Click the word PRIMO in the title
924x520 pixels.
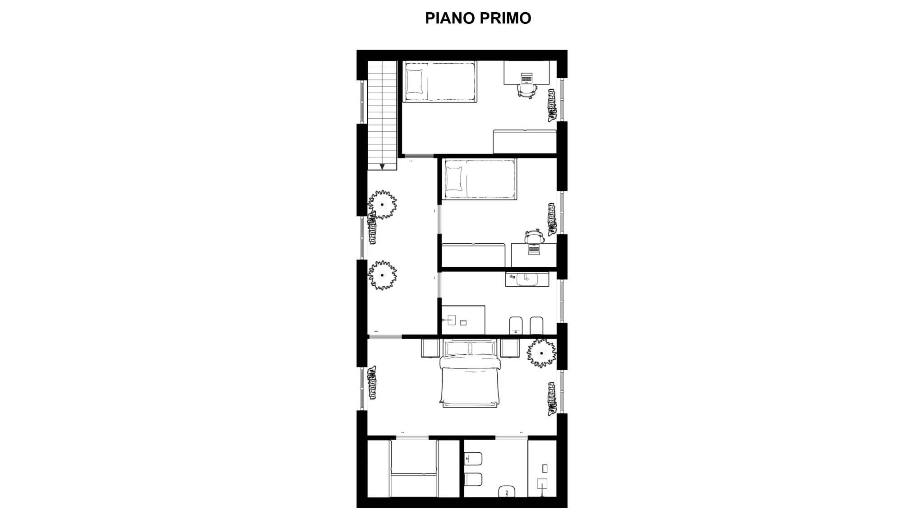(505, 18)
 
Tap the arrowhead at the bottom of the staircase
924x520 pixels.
(382, 167)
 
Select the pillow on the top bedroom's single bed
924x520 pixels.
(415, 81)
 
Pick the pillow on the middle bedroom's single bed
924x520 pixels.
(454, 179)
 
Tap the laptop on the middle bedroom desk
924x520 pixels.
(534, 248)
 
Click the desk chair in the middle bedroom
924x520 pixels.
(533, 236)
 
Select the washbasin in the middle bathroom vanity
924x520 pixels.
(527, 279)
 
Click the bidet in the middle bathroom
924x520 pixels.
(516, 325)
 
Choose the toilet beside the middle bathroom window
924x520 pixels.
(537, 325)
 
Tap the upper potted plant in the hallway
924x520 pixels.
(383, 204)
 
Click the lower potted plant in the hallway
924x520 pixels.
(383, 275)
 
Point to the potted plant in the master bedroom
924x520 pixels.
(541, 353)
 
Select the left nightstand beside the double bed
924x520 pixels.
(430, 348)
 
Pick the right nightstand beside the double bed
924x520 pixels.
(510, 348)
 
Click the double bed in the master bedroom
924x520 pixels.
(470, 374)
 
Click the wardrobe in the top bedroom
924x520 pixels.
(525, 142)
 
